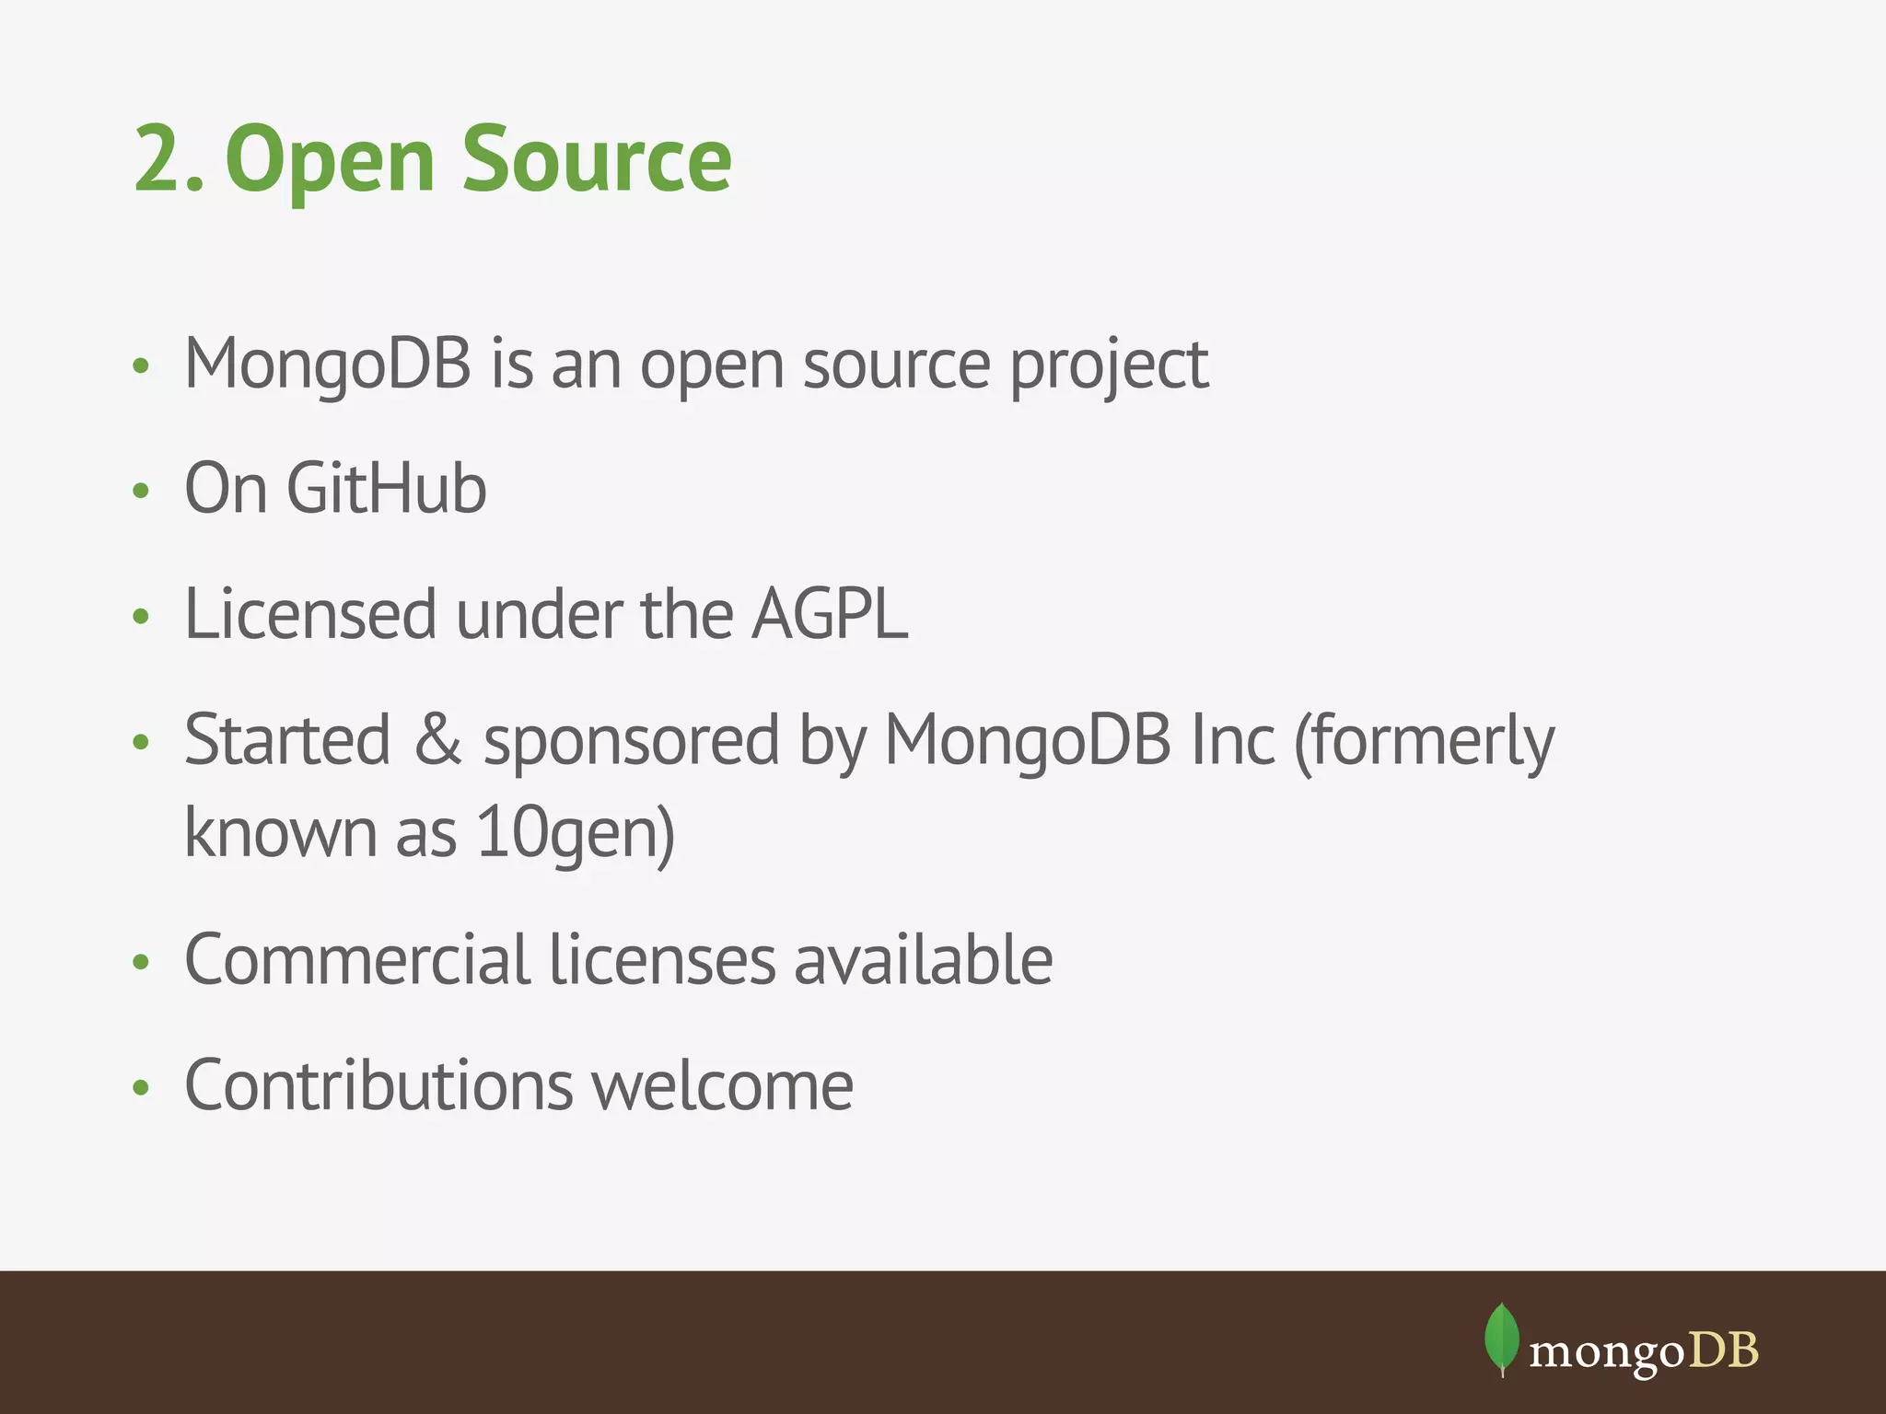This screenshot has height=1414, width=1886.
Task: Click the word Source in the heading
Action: click(x=596, y=160)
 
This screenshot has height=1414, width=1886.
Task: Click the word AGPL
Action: click(x=830, y=614)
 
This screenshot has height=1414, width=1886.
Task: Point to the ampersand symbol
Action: click(x=437, y=739)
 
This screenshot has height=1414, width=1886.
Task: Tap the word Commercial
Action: click(x=356, y=960)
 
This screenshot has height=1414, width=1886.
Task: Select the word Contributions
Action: click(x=379, y=1086)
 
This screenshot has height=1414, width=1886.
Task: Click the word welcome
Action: click(x=723, y=1086)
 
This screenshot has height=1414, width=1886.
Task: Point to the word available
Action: click(x=923, y=960)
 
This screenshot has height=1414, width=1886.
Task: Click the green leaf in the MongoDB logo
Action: click(x=1502, y=1338)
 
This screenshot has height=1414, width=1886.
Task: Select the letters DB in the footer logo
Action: click(x=1724, y=1350)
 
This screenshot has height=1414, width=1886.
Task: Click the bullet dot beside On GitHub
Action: click(x=141, y=491)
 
